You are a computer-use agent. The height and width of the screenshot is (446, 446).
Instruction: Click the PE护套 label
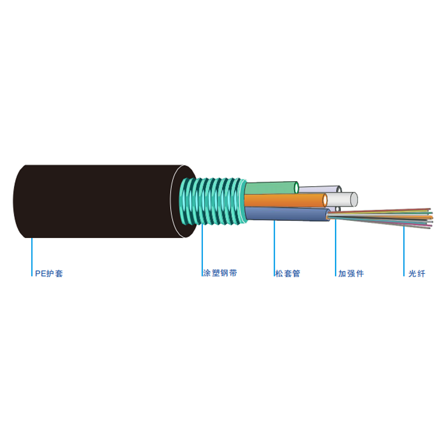49,273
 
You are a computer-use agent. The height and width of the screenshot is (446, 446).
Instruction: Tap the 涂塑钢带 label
220,273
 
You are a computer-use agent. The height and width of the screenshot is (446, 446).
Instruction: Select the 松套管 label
288,273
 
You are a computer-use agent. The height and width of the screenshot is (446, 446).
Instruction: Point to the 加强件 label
351,273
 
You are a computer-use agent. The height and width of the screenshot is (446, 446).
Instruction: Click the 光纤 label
416,274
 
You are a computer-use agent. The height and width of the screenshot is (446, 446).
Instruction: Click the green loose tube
270,188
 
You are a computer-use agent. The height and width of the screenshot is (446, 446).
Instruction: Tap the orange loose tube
284,200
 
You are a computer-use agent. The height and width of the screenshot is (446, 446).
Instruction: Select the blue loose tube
286,214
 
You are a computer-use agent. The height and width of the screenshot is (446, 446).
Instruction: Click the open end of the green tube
296,188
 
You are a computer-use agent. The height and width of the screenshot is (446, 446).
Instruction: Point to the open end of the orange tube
325,200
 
